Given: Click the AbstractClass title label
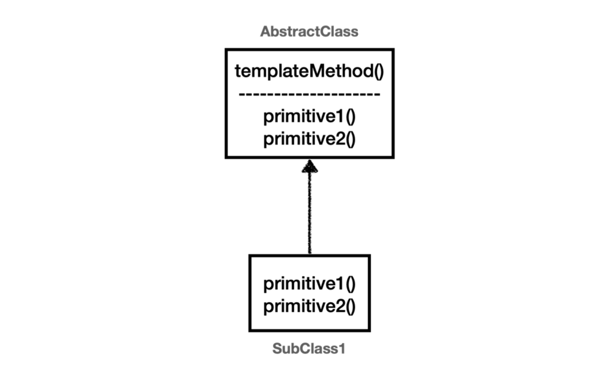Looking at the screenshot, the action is pos(309,32).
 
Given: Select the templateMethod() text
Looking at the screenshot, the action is pos(310,71).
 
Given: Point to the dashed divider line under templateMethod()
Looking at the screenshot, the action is pos(310,94).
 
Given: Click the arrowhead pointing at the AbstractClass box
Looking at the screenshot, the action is pos(310,166).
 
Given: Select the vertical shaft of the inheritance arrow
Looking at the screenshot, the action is pos(310,213).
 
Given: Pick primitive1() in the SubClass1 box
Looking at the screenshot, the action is pos(310,284).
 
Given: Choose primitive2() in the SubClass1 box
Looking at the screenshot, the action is pos(310,307).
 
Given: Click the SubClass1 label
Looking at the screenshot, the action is pos(309,349).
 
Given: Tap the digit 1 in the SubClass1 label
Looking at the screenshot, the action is pos(342,349).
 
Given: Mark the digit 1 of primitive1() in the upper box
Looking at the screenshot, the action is pos(340,116).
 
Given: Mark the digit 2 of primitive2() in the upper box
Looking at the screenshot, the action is pos(340,139).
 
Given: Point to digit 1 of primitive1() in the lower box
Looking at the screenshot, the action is pos(340,283).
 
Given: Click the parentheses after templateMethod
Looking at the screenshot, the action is pos(379,72).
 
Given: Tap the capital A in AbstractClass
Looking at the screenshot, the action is pos(265,32).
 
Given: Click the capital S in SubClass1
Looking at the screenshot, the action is pos(277,349).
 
